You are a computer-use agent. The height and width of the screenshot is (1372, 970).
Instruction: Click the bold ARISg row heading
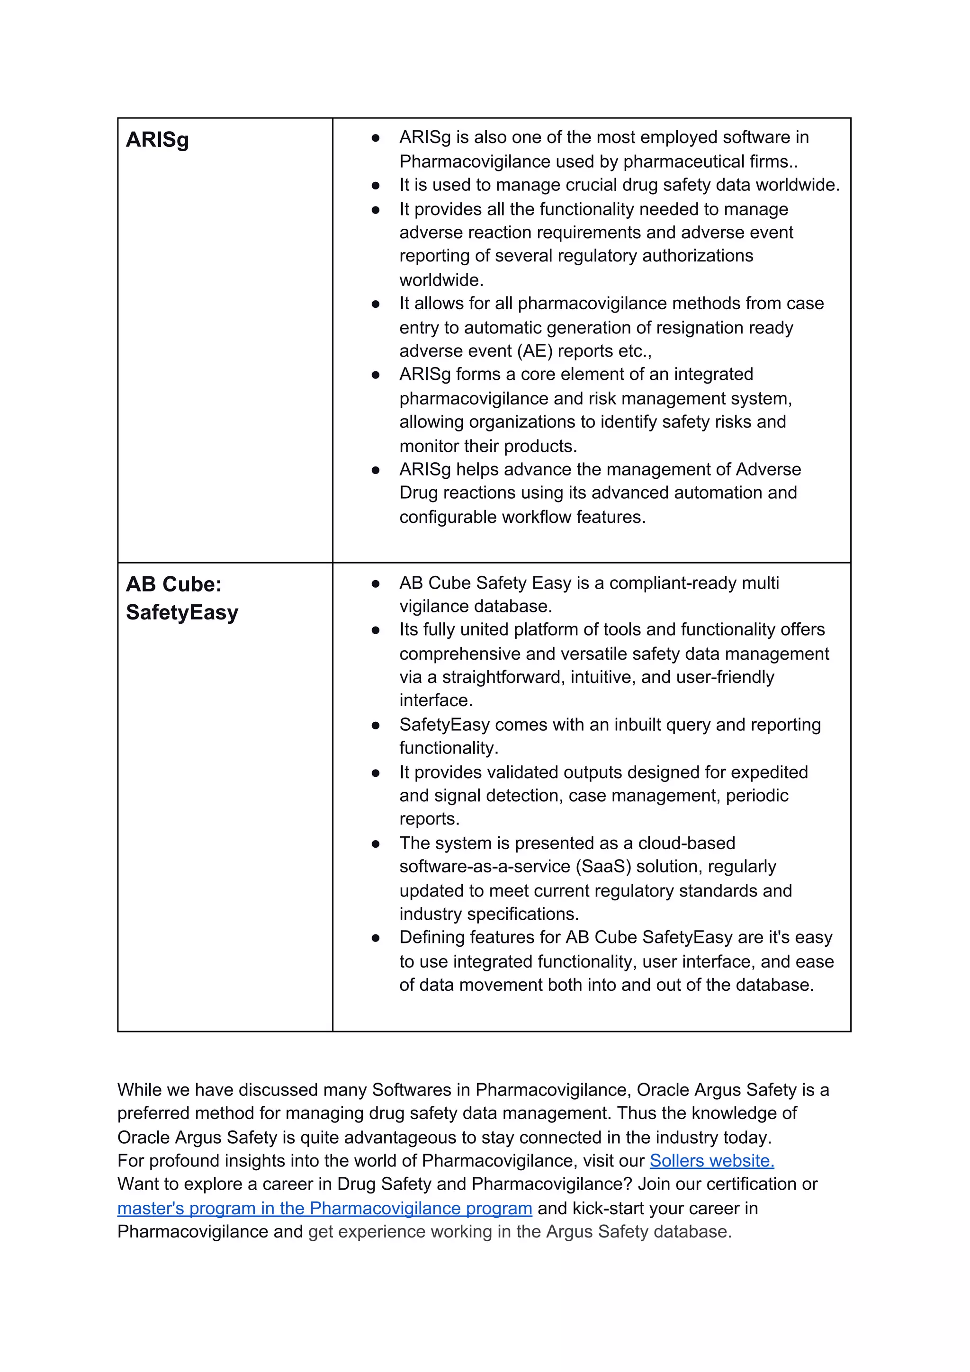click(x=157, y=140)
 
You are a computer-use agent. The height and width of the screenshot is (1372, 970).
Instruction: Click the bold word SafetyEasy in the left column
click(x=182, y=612)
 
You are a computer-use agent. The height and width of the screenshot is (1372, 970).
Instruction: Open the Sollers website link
click(x=711, y=1160)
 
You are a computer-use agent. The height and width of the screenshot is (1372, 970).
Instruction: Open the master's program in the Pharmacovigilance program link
click(x=324, y=1208)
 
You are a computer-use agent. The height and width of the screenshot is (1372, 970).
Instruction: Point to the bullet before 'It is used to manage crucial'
click(x=375, y=186)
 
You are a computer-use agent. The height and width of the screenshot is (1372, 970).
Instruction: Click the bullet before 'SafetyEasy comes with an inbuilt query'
click(x=375, y=726)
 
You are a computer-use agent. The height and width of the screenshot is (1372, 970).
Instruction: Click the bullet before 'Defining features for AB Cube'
click(x=375, y=938)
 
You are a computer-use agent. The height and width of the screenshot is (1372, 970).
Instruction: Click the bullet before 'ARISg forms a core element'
click(x=375, y=375)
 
